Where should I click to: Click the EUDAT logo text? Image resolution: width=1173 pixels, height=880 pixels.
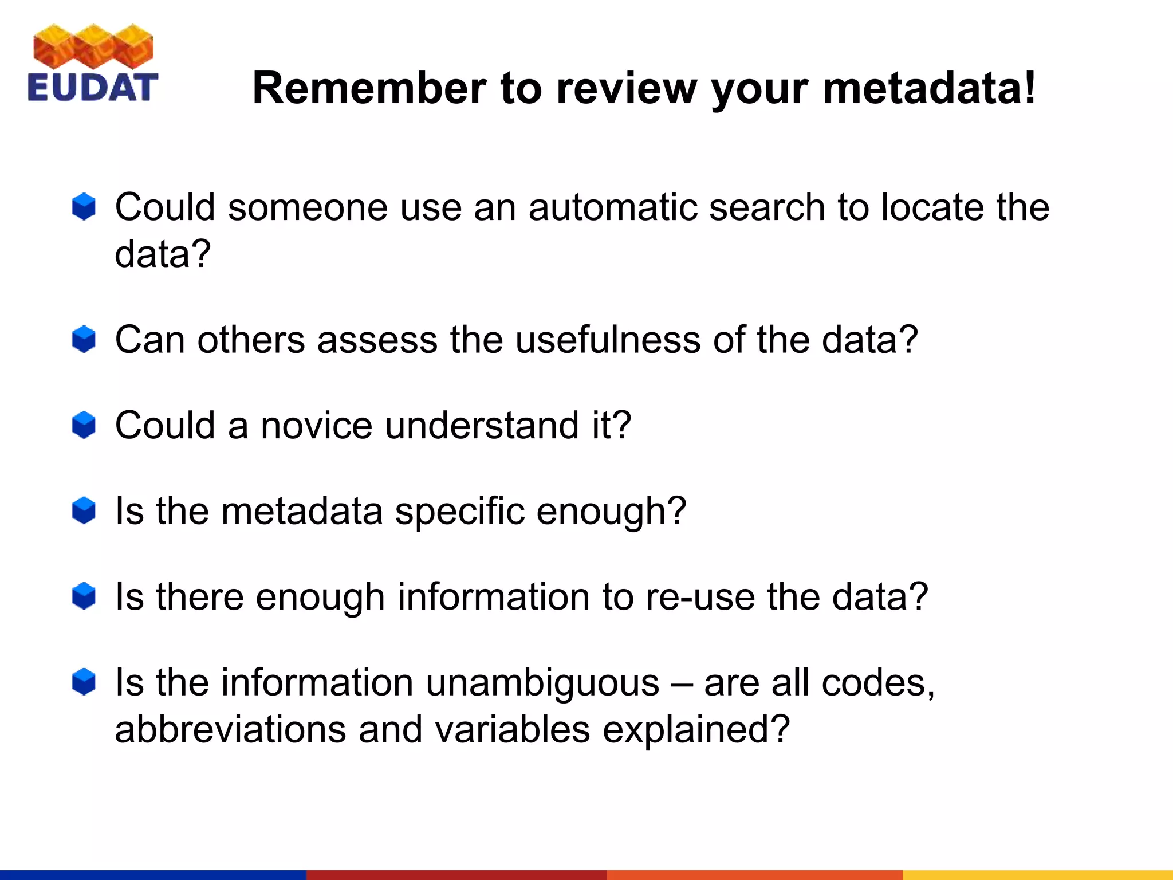tap(93, 88)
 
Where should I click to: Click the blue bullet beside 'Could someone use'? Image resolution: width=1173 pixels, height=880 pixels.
tap(84, 207)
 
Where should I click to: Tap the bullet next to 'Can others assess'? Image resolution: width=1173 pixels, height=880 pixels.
tap(84, 340)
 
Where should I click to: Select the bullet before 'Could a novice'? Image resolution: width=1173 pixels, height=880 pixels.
tap(84, 425)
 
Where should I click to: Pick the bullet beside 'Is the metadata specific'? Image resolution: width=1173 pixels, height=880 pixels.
tap(84, 510)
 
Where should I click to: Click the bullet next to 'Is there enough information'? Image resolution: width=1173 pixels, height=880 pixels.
tap(84, 596)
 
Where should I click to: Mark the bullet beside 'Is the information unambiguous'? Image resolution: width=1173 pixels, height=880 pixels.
tap(84, 682)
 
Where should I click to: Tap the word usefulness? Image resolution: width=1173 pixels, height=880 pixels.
tap(608, 340)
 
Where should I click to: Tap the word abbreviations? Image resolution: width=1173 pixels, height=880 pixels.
tap(230, 729)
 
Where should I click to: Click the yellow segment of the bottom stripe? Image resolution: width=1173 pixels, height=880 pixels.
tap(1037, 875)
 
